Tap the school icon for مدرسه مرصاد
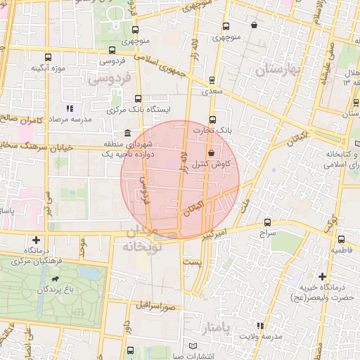(70, 108)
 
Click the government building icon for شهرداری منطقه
(127, 133)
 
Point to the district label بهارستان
(278, 70)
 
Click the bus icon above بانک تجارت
(213, 119)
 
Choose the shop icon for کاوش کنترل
(211, 153)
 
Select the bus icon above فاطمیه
(342, 239)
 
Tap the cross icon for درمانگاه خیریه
(322, 276)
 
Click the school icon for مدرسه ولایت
(260, 326)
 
